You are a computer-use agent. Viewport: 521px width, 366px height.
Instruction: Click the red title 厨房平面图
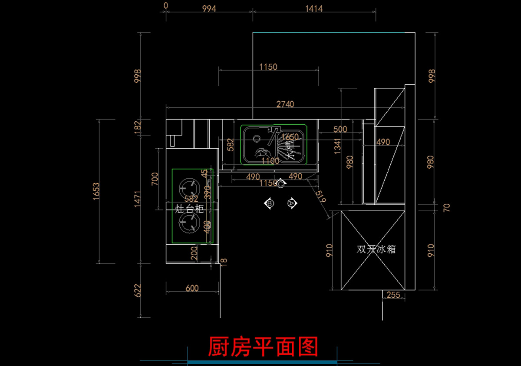point(263,346)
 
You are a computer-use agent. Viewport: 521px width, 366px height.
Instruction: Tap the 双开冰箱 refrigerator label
point(376,250)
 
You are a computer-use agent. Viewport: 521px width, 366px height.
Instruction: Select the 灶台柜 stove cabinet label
point(189,209)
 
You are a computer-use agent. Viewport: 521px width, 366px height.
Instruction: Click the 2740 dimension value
point(285,104)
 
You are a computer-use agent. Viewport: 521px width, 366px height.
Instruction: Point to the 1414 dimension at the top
point(314,8)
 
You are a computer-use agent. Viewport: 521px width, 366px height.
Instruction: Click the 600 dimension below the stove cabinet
point(191,288)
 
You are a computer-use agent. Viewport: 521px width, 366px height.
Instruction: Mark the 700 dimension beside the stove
point(155,179)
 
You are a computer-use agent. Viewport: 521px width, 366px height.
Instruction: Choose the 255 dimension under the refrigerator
point(393,295)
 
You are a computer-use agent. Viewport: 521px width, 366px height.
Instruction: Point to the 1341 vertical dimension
point(337,143)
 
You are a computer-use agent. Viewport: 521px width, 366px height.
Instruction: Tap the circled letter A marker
point(292,203)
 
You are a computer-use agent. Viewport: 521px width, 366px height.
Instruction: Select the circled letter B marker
point(270,203)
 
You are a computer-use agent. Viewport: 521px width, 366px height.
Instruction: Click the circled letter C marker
point(281,185)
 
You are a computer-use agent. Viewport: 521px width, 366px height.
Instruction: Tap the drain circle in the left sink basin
point(257,138)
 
